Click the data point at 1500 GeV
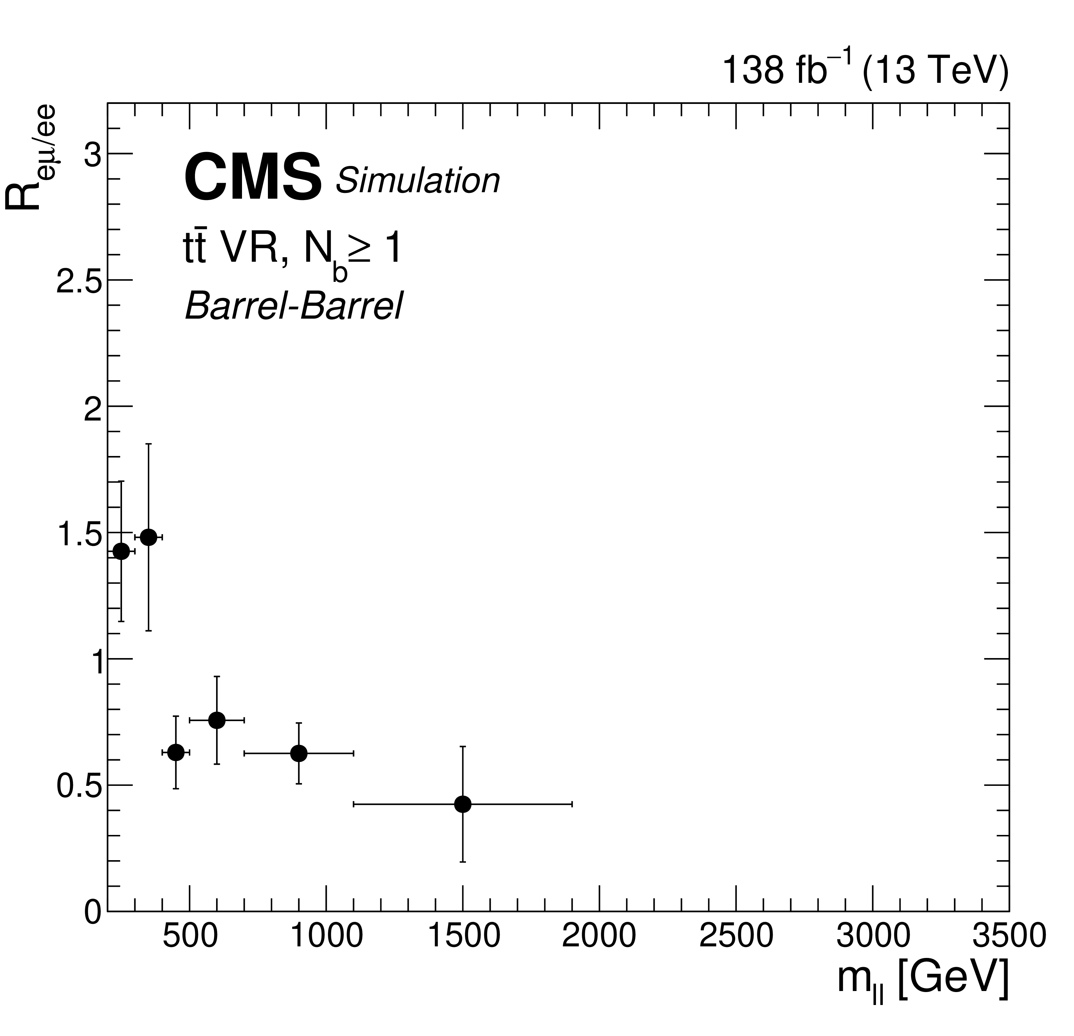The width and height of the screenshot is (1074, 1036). tap(463, 804)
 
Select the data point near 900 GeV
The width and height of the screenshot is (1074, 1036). tap(299, 753)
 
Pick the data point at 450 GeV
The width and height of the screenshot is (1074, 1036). tap(176, 752)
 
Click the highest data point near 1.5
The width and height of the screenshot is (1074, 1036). tap(149, 537)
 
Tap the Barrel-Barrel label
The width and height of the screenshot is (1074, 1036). tap(294, 306)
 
